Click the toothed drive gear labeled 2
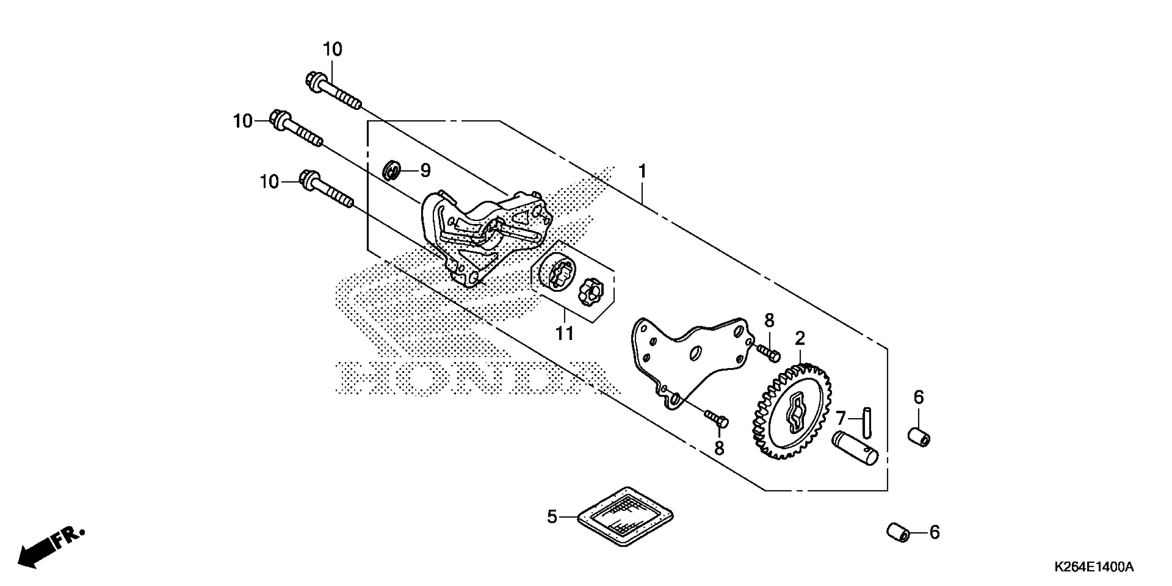[x=791, y=412]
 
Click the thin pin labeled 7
[x=867, y=422]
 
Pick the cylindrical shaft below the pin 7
[x=855, y=448]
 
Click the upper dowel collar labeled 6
[x=919, y=437]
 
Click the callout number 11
[x=565, y=333]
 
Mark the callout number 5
[x=552, y=517]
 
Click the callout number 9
[x=425, y=171]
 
